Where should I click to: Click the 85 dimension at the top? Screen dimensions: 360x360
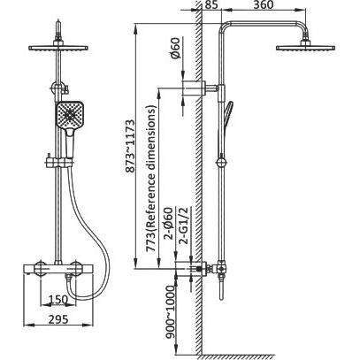click(212, 4)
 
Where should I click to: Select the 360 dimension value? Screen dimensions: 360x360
click(263, 4)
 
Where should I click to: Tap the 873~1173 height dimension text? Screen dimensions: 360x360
click(130, 146)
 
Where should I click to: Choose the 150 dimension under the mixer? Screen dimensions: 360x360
click(58, 300)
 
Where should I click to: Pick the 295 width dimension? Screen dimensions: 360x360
click(58, 319)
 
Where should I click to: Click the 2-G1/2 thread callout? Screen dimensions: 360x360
click(184, 226)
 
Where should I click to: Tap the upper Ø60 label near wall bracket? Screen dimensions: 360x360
click(175, 49)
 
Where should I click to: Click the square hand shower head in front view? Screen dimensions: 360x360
click(70, 115)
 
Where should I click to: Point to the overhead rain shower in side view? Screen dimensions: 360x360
click(305, 47)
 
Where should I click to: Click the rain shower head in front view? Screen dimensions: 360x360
click(58, 47)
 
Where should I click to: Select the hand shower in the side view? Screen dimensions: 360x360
click(227, 117)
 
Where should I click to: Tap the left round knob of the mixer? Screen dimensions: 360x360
click(41, 268)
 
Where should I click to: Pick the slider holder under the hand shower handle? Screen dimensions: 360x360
click(58, 162)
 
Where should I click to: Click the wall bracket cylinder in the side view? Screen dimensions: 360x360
click(194, 88)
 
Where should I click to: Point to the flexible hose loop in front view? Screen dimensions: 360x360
click(89, 233)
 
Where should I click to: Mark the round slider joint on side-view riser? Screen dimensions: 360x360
click(221, 163)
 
